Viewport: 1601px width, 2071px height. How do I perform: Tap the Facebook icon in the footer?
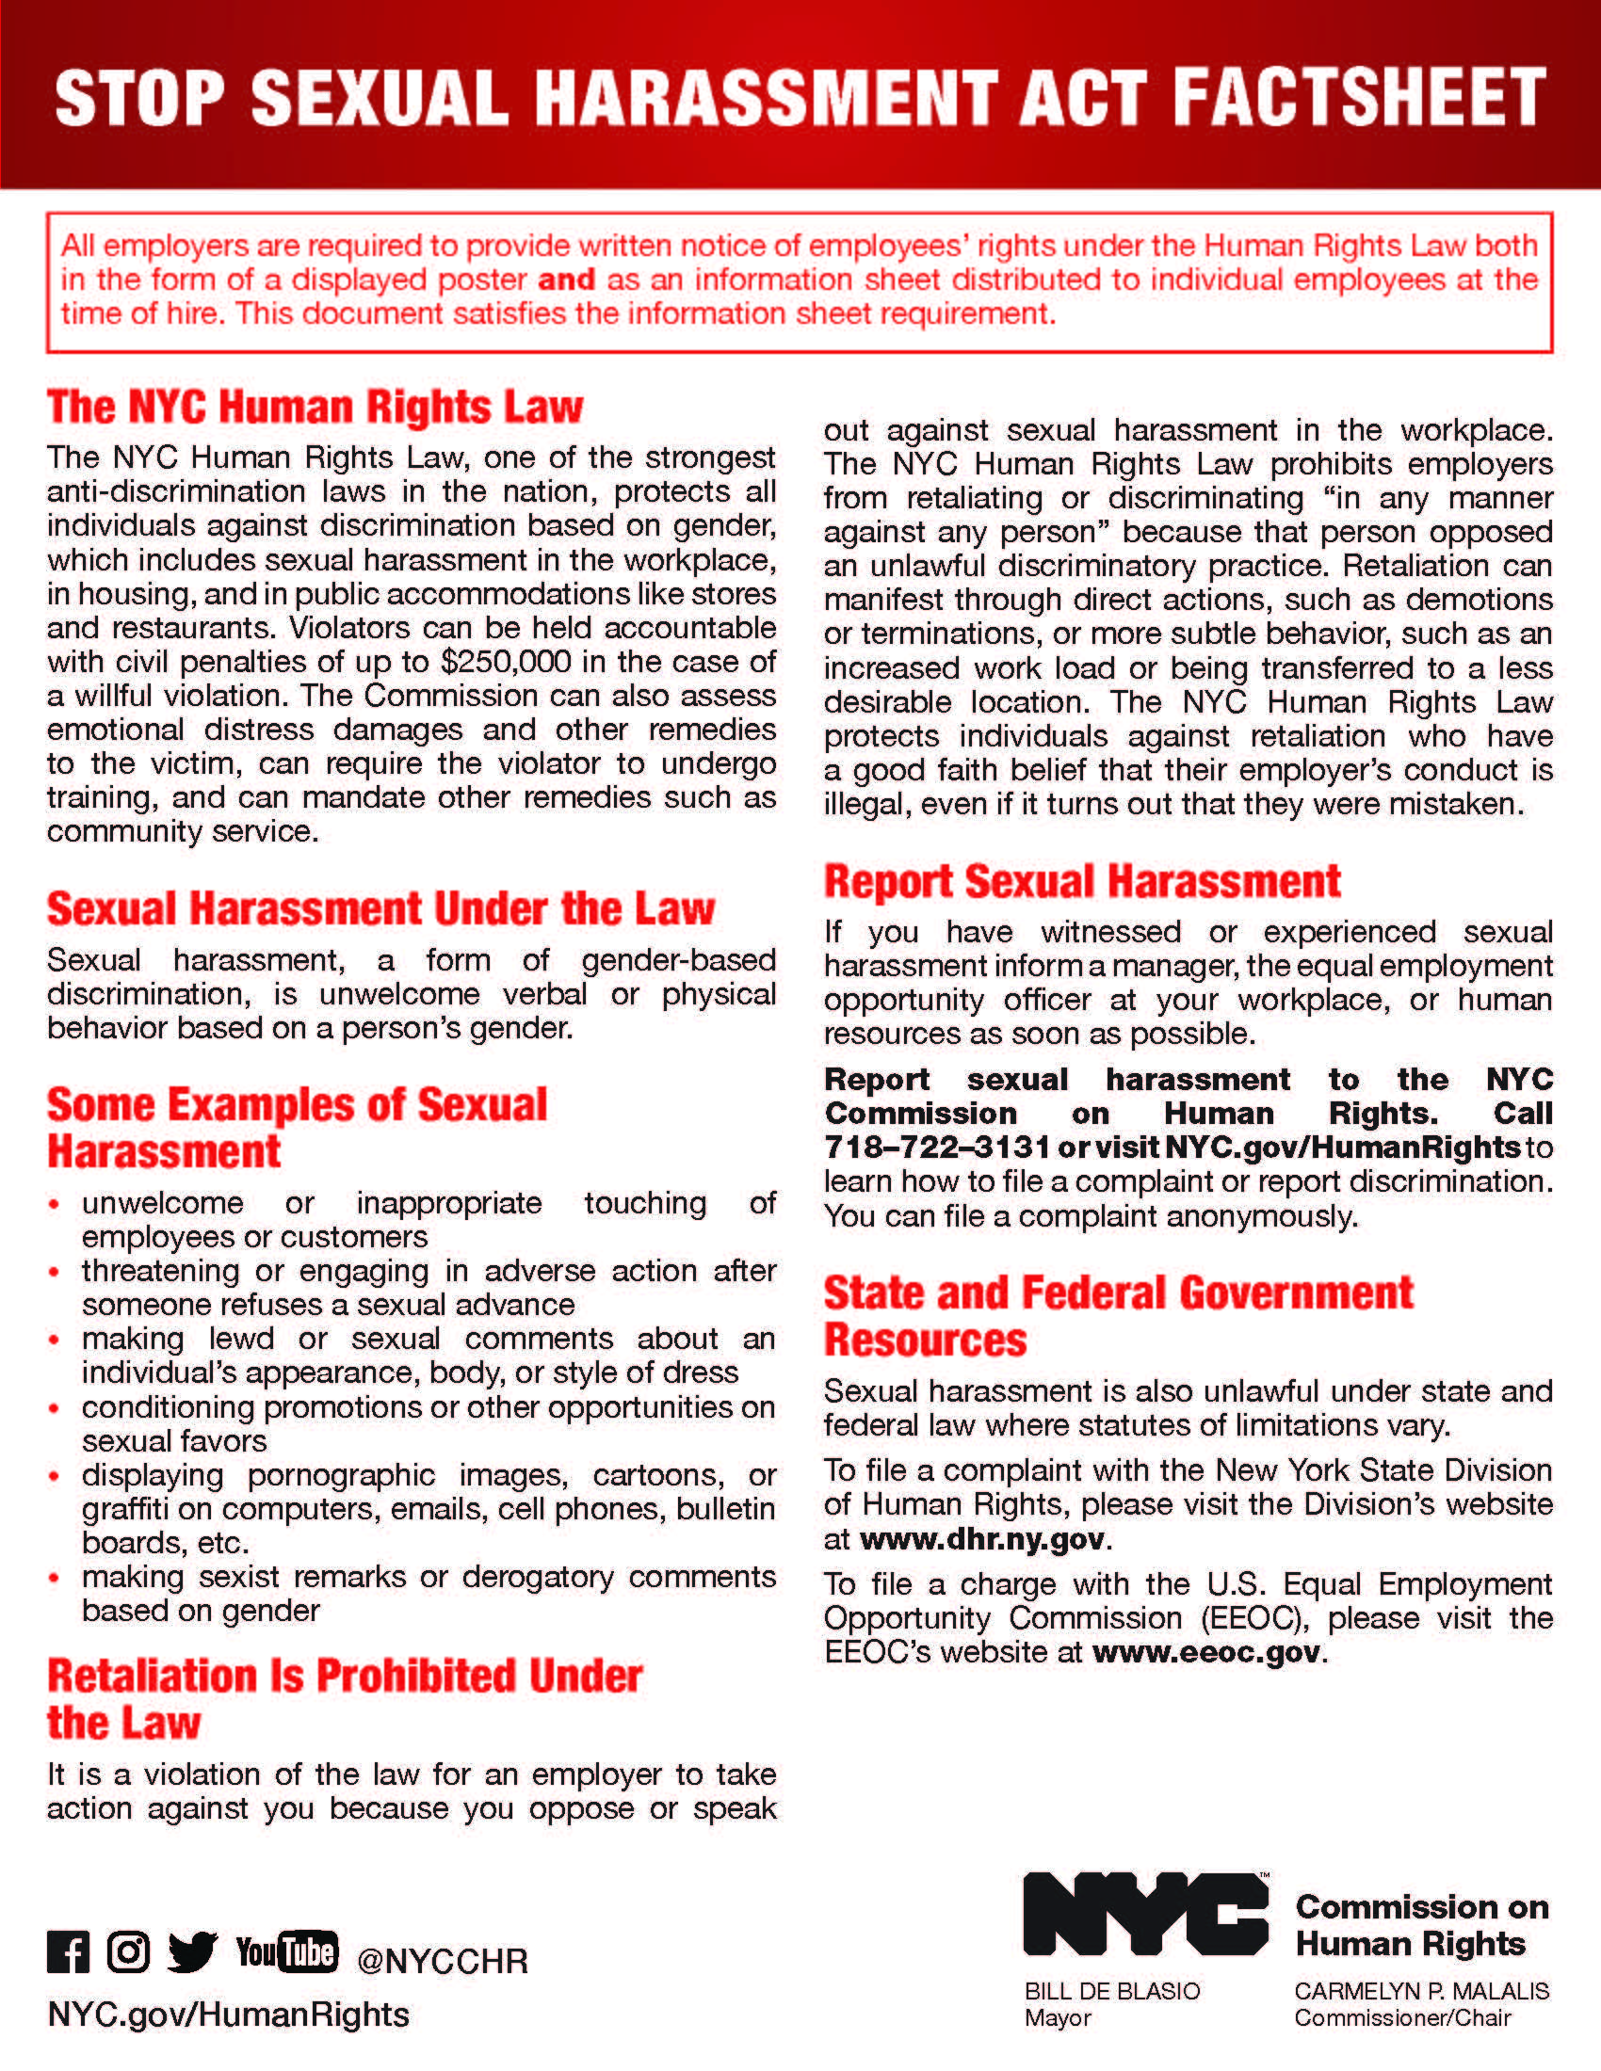(68, 1952)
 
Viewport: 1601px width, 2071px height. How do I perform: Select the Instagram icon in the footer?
(128, 1951)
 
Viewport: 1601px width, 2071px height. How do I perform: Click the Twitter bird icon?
(192, 1952)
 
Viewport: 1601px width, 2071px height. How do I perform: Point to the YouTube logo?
(286, 1951)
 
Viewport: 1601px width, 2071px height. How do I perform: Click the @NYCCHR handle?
(442, 1960)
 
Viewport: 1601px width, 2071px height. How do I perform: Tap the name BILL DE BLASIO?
(1111, 1991)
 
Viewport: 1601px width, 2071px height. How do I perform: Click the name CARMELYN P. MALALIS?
(1421, 1991)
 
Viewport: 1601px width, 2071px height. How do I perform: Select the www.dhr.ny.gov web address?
(982, 1538)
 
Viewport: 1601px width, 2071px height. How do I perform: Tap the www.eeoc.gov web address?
(1206, 1652)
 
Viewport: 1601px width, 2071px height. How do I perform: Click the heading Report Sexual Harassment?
(1082, 881)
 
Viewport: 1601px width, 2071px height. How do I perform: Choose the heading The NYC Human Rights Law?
(315, 407)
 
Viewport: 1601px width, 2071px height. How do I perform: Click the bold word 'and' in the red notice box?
(566, 280)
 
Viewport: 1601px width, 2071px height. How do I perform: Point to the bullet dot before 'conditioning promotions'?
(55, 1408)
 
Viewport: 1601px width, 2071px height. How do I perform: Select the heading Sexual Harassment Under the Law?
(380, 908)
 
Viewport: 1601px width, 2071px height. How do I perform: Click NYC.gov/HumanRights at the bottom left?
(229, 2015)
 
